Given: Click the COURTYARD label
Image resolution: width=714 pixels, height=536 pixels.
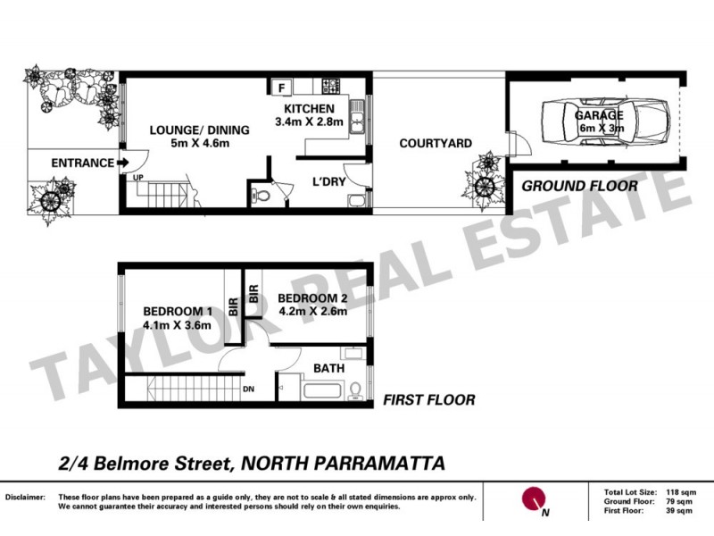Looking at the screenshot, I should coord(436,144).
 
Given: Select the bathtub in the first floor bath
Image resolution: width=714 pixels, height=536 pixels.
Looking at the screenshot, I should coord(322,389).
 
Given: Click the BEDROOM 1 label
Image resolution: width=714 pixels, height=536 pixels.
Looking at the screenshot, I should coord(177,311).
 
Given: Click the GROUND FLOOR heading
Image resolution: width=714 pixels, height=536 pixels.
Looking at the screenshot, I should coord(579,186).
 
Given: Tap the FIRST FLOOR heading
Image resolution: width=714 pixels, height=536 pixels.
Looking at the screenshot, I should coord(428,399).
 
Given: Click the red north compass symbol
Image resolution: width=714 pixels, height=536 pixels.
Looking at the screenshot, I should coord(534,498).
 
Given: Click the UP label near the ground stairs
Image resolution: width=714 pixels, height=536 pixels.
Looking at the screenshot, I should coord(138,178).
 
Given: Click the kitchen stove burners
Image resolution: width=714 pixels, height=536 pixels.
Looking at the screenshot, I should coord(330,87).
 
